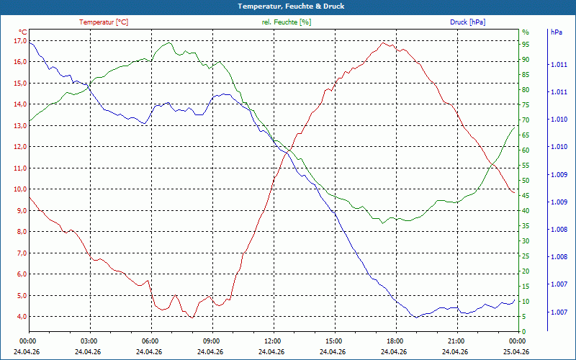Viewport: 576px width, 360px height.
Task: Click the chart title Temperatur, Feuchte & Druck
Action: click(x=291, y=6)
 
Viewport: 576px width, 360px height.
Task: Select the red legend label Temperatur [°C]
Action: click(x=104, y=22)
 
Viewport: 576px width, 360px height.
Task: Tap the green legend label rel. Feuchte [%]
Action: click(x=286, y=22)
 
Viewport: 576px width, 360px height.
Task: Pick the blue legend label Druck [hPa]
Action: click(x=467, y=22)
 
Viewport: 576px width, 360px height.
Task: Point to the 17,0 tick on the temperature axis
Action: click(x=20, y=41)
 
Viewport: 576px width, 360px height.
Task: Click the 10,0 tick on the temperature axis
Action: click(x=20, y=189)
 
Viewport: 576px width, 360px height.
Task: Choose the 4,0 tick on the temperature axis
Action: click(x=22, y=317)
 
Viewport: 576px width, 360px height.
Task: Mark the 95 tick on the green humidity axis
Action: click(x=526, y=45)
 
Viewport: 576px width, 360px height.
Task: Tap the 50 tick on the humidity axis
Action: click(x=526, y=181)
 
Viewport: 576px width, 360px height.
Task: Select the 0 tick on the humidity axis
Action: click(x=524, y=332)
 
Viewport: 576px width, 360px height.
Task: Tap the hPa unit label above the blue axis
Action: click(x=556, y=32)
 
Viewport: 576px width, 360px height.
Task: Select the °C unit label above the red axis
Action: click(x=23, y=32)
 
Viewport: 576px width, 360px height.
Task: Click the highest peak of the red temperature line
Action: click(x=383, y=42)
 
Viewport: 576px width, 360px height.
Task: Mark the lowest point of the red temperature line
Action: click(x=192, y=318)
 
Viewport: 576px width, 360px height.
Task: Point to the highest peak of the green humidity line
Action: click(x=169, y=42)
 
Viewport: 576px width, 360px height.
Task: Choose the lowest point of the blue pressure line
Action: click(x=416, y=318)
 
